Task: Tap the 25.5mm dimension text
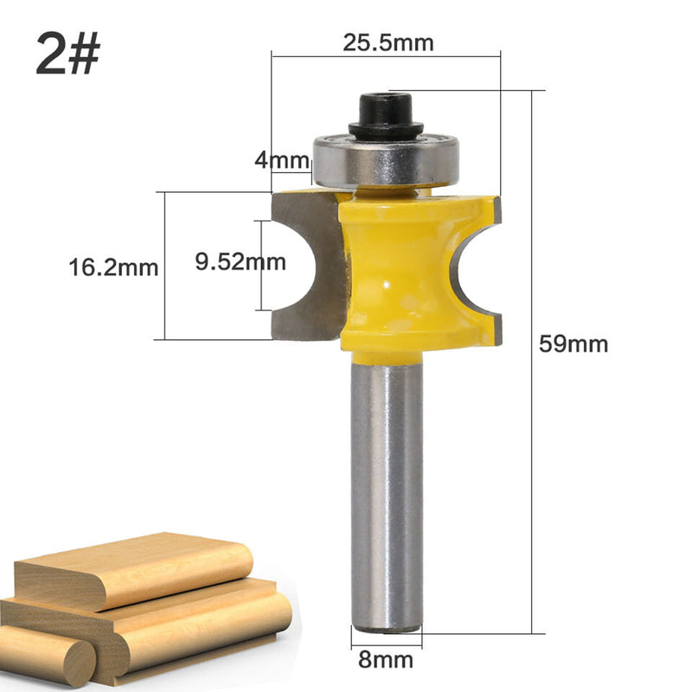388,41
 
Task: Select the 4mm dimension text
282,160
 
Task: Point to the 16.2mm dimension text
113,267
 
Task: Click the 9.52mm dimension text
240,261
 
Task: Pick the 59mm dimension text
573,343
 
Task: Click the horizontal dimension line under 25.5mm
386,56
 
